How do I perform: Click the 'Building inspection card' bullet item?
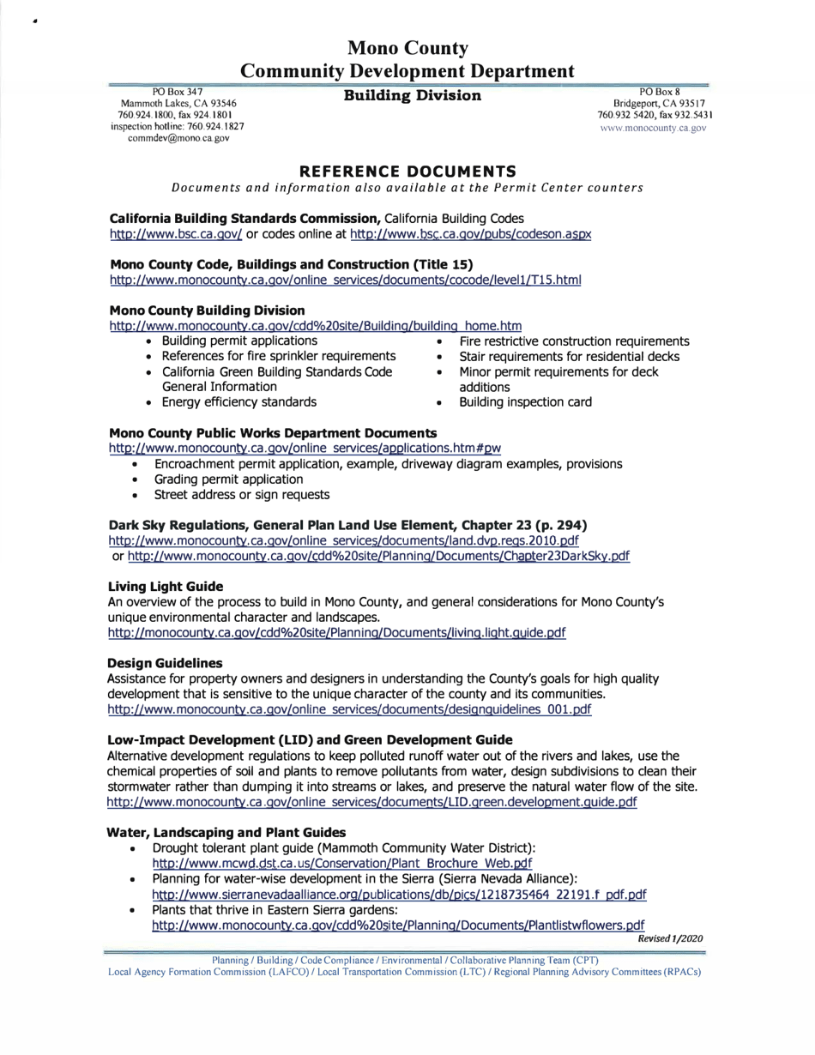tap(525, 401)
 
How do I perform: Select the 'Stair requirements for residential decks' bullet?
tap(570, 356)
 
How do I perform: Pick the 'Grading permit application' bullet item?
tap(228, 479)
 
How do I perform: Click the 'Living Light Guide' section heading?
tap(166, 587)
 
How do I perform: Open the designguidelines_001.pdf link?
tap(349, 710)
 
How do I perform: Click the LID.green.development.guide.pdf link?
tap(371, 802)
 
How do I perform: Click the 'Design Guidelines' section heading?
tap(165, 663)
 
